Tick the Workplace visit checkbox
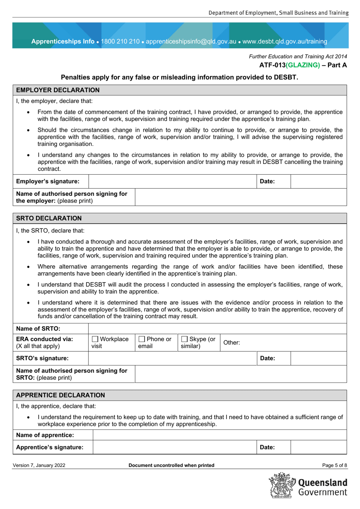click(95, 339)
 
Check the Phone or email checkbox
click(142, 339)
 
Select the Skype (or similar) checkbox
click(185, 339)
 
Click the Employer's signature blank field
click(173, 181)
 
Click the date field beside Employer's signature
click(318, 181)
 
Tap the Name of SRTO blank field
click(217, 329)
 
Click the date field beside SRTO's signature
click(318, 358)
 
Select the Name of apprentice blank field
click(219, 435)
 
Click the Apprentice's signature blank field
click(175, 447)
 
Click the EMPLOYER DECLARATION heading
click(58, 90)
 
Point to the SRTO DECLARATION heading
click(49, 219)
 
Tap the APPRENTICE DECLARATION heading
click(60, 395)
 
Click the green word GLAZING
click(303, 65)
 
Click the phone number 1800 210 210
click(120, 41)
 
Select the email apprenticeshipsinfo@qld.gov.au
click(191, 41)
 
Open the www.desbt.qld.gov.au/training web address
click(285, 41)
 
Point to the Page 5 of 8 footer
click(334, 465)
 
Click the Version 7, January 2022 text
click(39, 465)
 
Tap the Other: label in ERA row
click(232, 343)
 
